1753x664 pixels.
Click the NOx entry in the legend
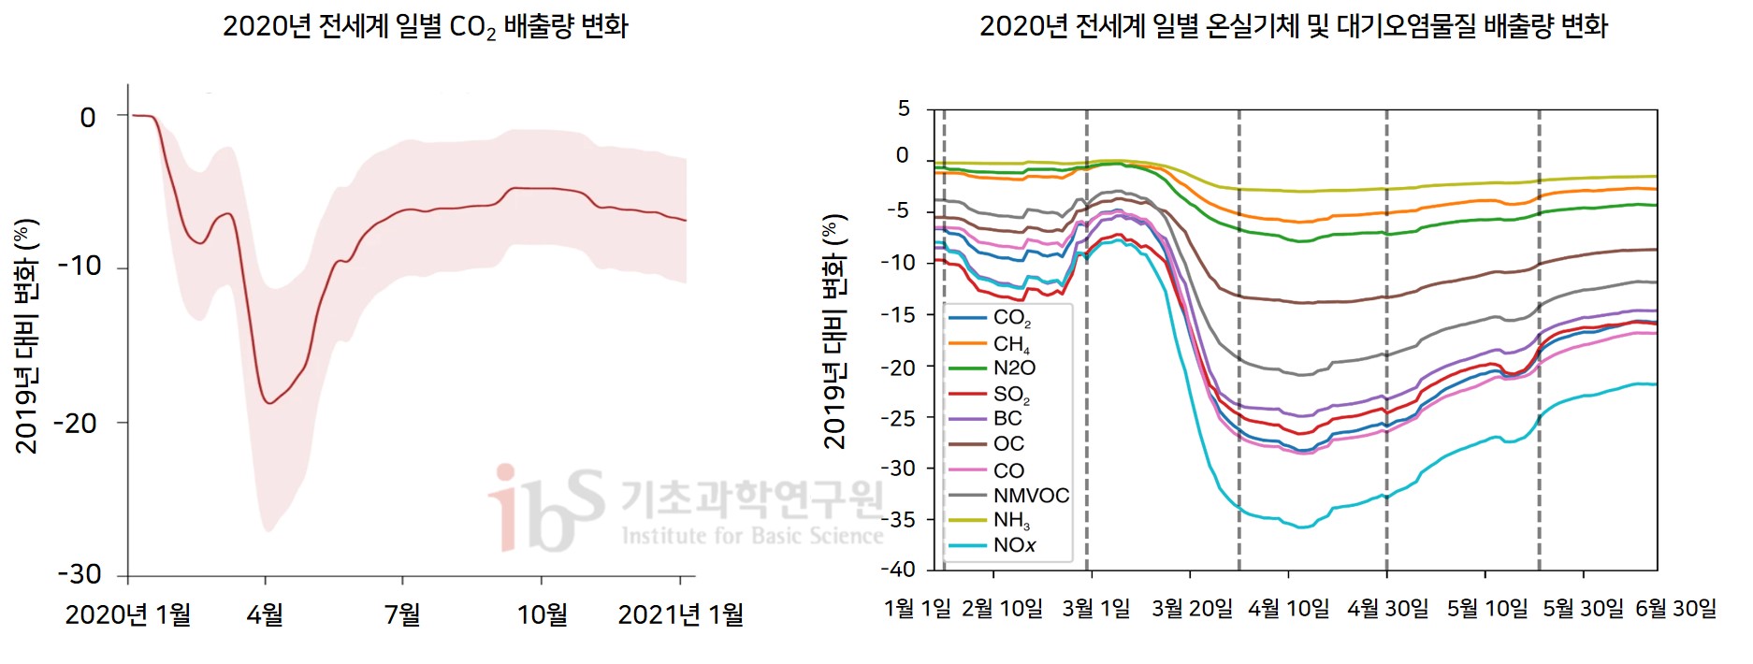(1014, 545)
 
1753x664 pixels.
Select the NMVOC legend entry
(1030, 496)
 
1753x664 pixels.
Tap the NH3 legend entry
(1011, 520)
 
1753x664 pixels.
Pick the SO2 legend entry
(1011, 394)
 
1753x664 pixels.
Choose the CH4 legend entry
(1011, 343)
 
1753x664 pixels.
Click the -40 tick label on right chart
(898, 569)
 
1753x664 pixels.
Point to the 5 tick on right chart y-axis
(904, 108)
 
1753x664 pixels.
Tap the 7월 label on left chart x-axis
(402, 614)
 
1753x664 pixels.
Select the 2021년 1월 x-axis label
(681, 614)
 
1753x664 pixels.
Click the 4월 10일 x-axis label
(1288, 609)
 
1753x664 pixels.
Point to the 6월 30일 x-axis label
(1675, 609)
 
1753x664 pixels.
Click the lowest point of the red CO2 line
(269, 403)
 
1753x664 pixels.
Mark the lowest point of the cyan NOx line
(1301, 527)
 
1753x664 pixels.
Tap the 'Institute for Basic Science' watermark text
(752, 536)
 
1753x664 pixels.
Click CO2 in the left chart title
(472, 27)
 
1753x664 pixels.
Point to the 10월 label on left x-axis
(543, 614)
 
